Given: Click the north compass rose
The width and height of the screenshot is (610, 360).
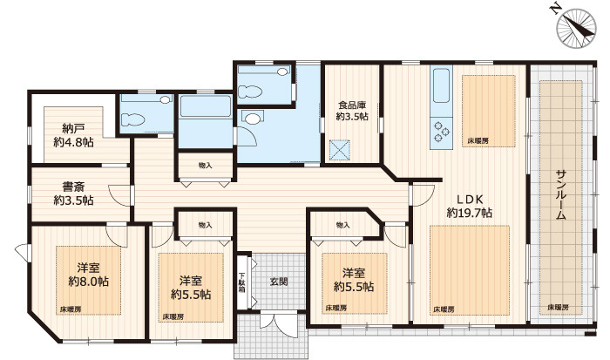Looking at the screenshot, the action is [x=576, y=28].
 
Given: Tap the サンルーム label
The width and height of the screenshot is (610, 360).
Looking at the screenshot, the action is [x=560, y=195].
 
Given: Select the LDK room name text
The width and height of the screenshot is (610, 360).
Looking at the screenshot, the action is [x=470, y=200].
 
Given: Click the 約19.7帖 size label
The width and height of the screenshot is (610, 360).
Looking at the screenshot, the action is [x=470, y=213].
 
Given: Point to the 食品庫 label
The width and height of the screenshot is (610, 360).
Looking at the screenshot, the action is [x=352, y=105].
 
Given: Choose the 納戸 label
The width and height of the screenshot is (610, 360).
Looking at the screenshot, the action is [x=73, y=128].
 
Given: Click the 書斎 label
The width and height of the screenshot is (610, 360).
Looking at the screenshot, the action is [x=73, y=187].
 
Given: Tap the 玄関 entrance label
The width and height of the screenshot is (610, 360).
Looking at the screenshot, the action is [x=279, y=281].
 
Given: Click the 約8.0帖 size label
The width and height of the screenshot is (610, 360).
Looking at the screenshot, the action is [x=88, y=281].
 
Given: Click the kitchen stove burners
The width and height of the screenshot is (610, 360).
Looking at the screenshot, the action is [x=442, y=131].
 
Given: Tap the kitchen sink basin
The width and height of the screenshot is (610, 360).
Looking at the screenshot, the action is [x=441, y=85].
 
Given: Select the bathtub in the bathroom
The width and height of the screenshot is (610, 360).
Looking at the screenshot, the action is [x=206, y=106].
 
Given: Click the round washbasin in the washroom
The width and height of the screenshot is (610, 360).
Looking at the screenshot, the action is [x=254, y=119].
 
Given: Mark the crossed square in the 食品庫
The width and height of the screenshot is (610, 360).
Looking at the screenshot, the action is [x=339, y=150].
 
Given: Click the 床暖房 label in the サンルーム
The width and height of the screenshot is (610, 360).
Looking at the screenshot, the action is [x=559, y=307].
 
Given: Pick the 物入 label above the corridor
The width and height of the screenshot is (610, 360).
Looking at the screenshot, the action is [x=205, y=166].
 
